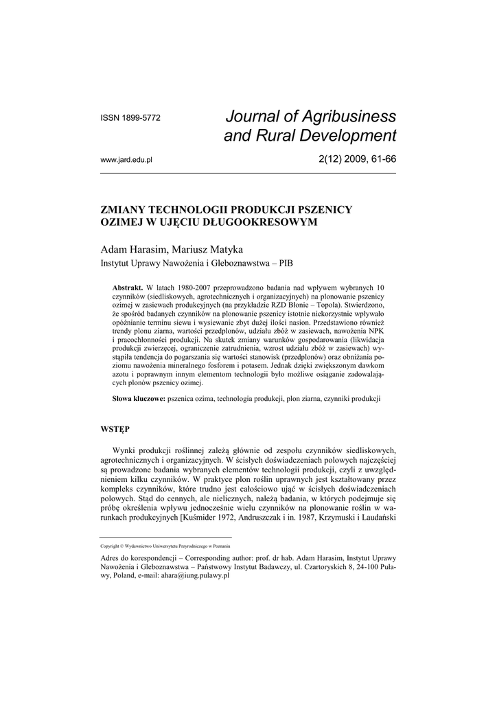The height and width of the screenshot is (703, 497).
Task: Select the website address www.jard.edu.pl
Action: [126, 160]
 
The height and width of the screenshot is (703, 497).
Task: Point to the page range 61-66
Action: [381, 159]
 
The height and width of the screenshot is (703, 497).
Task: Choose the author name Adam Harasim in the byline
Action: [128, 249]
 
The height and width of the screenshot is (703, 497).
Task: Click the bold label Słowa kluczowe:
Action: [138, 399]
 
